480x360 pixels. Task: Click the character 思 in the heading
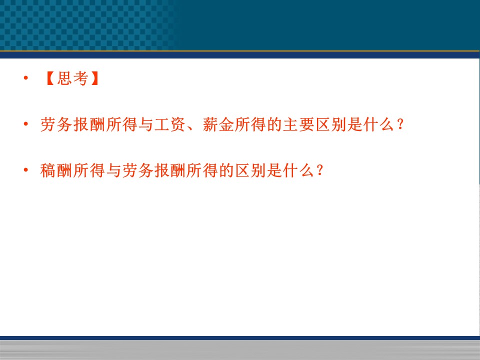(x=64, y=78)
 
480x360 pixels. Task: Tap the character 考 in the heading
(x=80, y=78)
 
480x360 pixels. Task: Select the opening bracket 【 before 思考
(x=50, y=78)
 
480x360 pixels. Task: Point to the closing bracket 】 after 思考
(x=95, y=78)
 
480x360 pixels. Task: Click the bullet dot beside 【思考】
(x=25, y=78)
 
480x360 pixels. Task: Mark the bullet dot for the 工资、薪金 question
(x=25, y=124)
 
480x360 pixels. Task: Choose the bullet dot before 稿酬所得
(x=25, y=170)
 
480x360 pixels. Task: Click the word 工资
(x=169, y=124)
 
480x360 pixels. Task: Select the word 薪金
(x=218, y=124)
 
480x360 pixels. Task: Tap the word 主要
(x=299, y=124)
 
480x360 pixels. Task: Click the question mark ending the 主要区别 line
(x=400, y=124)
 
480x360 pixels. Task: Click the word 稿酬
(x=55, y=170)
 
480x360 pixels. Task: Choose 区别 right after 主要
(x=331, y=124)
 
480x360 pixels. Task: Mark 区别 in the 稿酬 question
(x=250, y=170)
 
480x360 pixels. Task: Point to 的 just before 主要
(x=274, y=124)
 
